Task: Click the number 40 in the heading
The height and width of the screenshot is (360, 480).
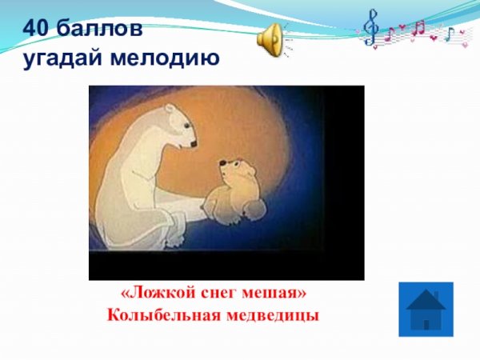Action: [36, 29]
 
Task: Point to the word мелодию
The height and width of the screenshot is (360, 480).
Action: [164, 58]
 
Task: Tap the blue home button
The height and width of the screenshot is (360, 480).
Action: [426, 309]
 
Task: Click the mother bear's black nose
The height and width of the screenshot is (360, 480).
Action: [193, 144]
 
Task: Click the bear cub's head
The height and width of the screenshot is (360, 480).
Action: [235, 171]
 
